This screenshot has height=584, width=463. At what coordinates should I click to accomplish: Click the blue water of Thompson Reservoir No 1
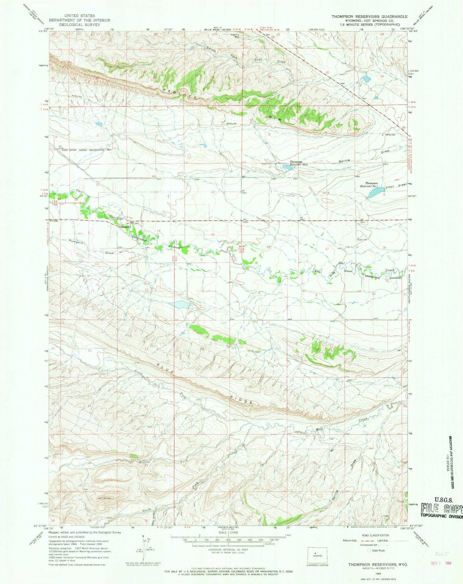[x=376, y=193]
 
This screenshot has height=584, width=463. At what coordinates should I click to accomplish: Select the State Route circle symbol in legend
[x=369, y=550]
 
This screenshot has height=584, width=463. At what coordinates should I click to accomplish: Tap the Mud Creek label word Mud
[x=319, y=429]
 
